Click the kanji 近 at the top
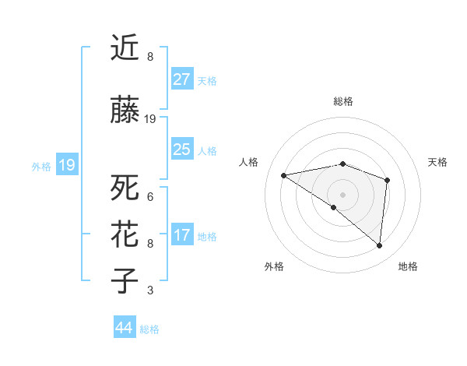coord(125,50)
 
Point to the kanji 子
coord(125,280)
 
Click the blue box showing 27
coord(181,79)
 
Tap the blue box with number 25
coord(181,150)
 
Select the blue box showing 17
coord(181,235)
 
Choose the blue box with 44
coord(124,328)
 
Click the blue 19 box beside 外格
coord(66,165)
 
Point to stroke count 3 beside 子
coord(149,290)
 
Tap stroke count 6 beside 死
coord(149,197)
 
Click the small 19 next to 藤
coord(150,119)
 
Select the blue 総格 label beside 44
coord(149,329)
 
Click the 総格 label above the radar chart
coord(342,101)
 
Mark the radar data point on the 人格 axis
coord(284,175)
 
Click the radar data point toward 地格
coord(379,246)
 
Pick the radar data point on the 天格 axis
coord(387,181)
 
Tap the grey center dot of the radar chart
coord(342,194)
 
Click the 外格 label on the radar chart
coord(274,267)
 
